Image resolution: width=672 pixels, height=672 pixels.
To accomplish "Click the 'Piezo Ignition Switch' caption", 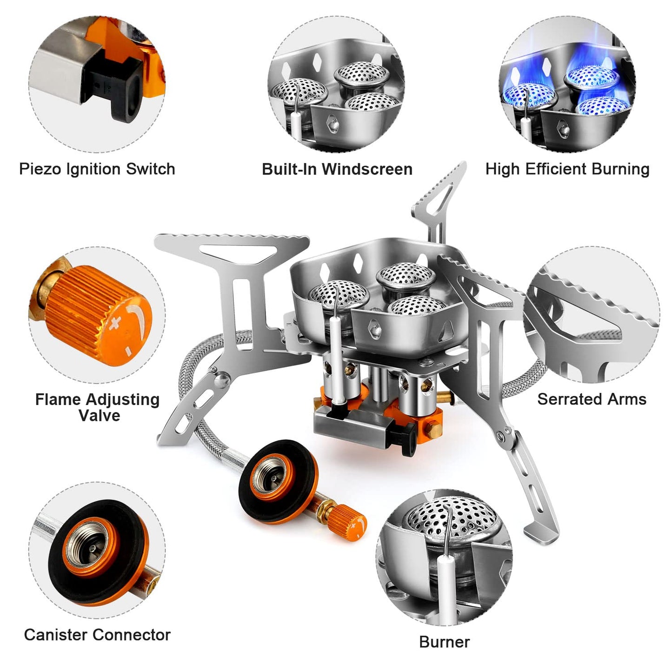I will pyautogui.click(x=97, y=169).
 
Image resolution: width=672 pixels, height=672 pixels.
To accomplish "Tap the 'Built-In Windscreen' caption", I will pyautogui.click(x=337, y=169).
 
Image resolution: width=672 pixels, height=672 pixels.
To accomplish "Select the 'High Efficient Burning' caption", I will pyautogui.click(x=567, y=169).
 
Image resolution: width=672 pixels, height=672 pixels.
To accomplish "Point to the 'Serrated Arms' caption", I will pyautogui.click(x=592, y=399).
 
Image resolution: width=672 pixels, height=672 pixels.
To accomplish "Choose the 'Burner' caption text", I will pyautogui.click(x=444, y=642).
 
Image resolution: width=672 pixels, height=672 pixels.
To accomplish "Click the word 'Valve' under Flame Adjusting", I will pyautogui.click(x=99, y=415).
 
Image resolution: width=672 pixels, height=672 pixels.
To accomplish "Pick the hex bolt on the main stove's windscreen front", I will pyautogui.click(x=375, y=329).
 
